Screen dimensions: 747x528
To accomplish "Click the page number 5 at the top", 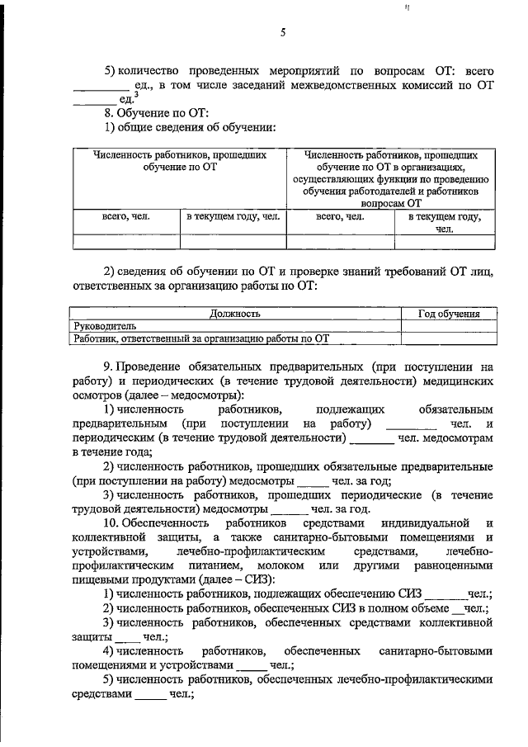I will pos(282,34).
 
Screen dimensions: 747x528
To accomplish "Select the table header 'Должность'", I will pos(235,314).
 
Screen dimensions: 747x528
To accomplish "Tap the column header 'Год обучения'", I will pos(449,314).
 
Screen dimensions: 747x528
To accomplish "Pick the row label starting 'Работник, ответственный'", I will pos(201,338).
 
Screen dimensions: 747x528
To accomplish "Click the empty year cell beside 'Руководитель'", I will pos(449,326).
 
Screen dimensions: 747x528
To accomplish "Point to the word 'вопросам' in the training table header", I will pos(387,201).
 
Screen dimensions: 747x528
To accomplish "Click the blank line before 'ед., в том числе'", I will pos(101,85).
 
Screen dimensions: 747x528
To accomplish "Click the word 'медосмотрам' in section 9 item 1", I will pos(458,438).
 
